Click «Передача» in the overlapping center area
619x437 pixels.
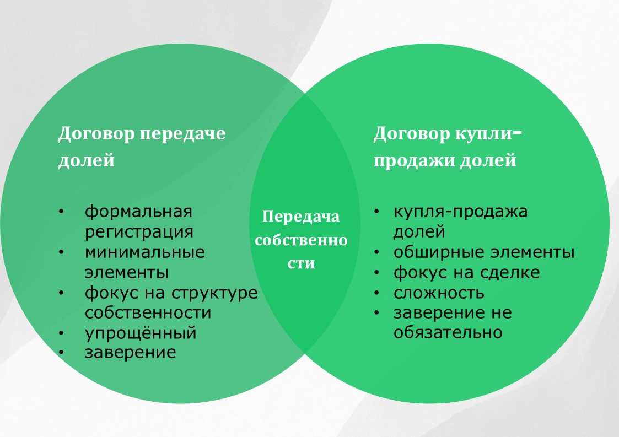click(x=301, y=217)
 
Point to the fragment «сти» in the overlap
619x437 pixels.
click(x=301, y=264)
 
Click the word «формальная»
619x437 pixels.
click(x=138, y=212)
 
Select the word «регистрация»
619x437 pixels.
click(x=139, y=232)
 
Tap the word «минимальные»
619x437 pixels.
click(x=144, y=252)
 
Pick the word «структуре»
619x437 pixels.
click(x=214, y=293)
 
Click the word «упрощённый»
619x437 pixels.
click(x=141, y=333)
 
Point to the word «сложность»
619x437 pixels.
click(x=439, y=293)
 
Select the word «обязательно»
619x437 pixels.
click(x=448, y=332)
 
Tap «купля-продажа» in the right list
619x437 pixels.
click(x=460, y=212)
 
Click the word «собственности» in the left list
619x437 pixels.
click(x=148, y=312)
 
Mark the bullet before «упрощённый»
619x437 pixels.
click(x=61, y=333)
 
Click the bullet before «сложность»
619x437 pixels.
click(x=376, y=293)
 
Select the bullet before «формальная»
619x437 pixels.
click(x=61, y=212)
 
